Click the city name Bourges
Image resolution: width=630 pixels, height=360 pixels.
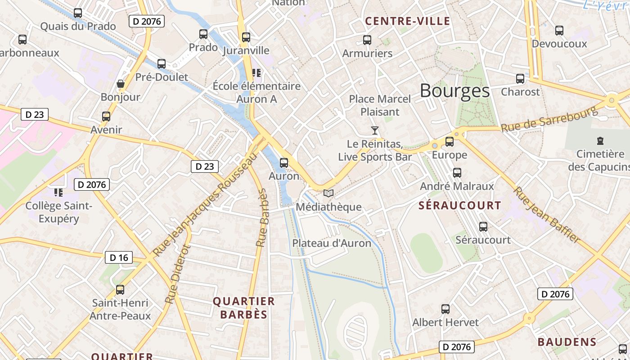point(454,91)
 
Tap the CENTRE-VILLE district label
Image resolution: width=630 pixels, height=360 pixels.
point(407,21)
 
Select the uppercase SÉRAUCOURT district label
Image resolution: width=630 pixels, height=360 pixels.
point(459,206)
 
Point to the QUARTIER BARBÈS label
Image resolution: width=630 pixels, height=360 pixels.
point(244,307)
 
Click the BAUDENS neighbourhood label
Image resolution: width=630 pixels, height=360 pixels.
point(567,342)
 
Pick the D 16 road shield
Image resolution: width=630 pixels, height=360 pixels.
point(119,257)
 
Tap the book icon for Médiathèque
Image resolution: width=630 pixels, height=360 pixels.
point(328,193)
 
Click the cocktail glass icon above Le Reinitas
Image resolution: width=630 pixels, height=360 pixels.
point(375,130)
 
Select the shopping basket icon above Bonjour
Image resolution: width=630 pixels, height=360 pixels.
point(121,84)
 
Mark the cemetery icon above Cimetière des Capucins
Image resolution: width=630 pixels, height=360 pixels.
point(600,141)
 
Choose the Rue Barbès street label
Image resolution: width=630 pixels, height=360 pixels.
point(262,218)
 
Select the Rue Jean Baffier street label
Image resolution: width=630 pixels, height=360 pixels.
point(546,215)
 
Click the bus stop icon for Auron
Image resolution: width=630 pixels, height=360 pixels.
point(283,163)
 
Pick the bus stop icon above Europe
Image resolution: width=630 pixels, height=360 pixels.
point(449,142)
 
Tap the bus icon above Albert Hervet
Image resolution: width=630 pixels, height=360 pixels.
point(445,309)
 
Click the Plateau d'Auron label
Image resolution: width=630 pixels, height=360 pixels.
point(332,243)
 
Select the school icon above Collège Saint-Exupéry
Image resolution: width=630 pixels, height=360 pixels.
point(58,193)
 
